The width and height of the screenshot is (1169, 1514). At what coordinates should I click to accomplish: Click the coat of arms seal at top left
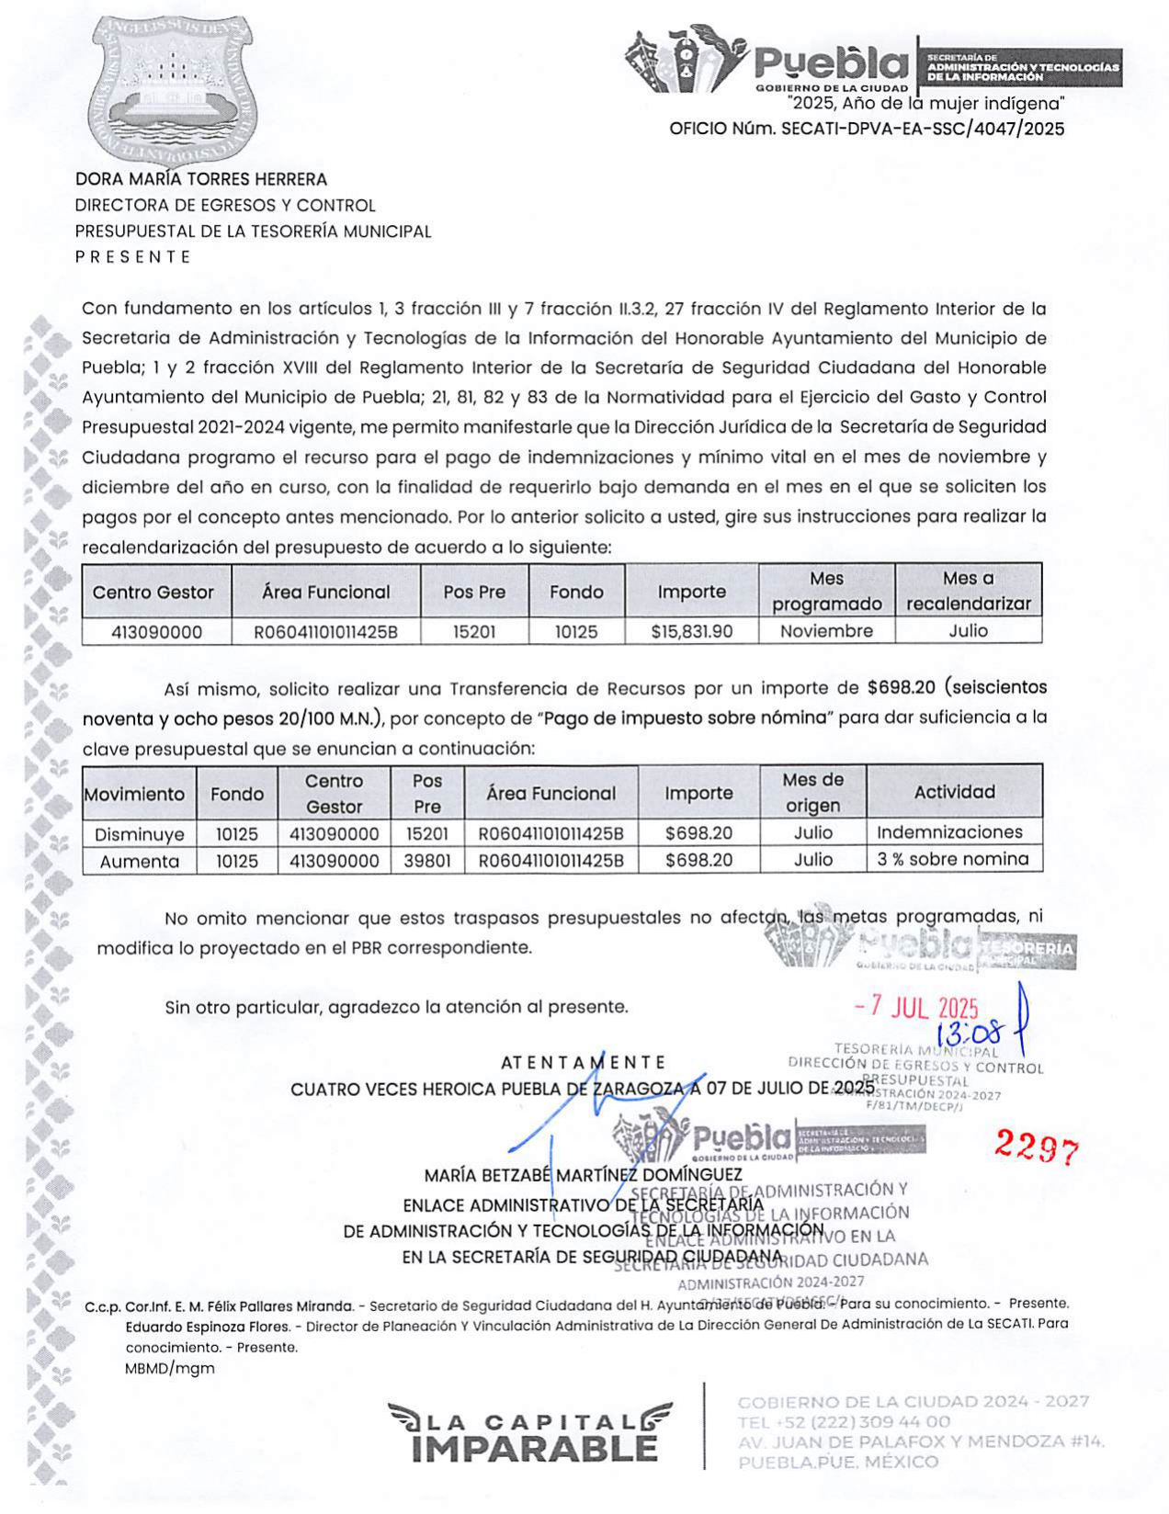coord(172,89)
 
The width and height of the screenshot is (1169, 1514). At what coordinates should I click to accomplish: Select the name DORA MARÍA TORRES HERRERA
coord(201,179)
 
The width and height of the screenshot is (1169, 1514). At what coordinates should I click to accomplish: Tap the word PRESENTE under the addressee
coord(133,256)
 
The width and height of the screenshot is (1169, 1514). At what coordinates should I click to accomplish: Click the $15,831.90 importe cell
coord(691,631)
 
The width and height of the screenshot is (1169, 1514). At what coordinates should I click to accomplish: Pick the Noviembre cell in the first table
coord(826,631)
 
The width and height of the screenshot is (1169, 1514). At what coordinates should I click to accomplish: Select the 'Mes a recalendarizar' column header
coord(968,591)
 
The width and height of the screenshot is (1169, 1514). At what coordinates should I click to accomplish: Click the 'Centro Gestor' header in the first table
coord(153,593)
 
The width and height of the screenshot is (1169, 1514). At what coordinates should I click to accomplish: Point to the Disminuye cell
coord(140,833)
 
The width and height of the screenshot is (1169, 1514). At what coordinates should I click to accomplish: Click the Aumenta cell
coord(140,861)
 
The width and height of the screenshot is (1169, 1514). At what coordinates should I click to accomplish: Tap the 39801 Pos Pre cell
coord(426,861)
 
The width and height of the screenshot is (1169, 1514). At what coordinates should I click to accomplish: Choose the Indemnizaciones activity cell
coord(949,832)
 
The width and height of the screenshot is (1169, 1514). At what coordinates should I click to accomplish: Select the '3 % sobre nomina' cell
coord(952,860)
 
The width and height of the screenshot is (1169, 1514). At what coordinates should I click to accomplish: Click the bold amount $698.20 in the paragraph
coord(901,687)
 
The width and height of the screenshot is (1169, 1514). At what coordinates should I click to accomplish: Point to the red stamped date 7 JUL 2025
coord(916,1008)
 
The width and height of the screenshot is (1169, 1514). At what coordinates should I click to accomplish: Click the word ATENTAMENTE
coord(583,1063)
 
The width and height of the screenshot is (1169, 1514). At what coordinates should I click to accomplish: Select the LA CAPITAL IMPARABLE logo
coord(530,1433)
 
